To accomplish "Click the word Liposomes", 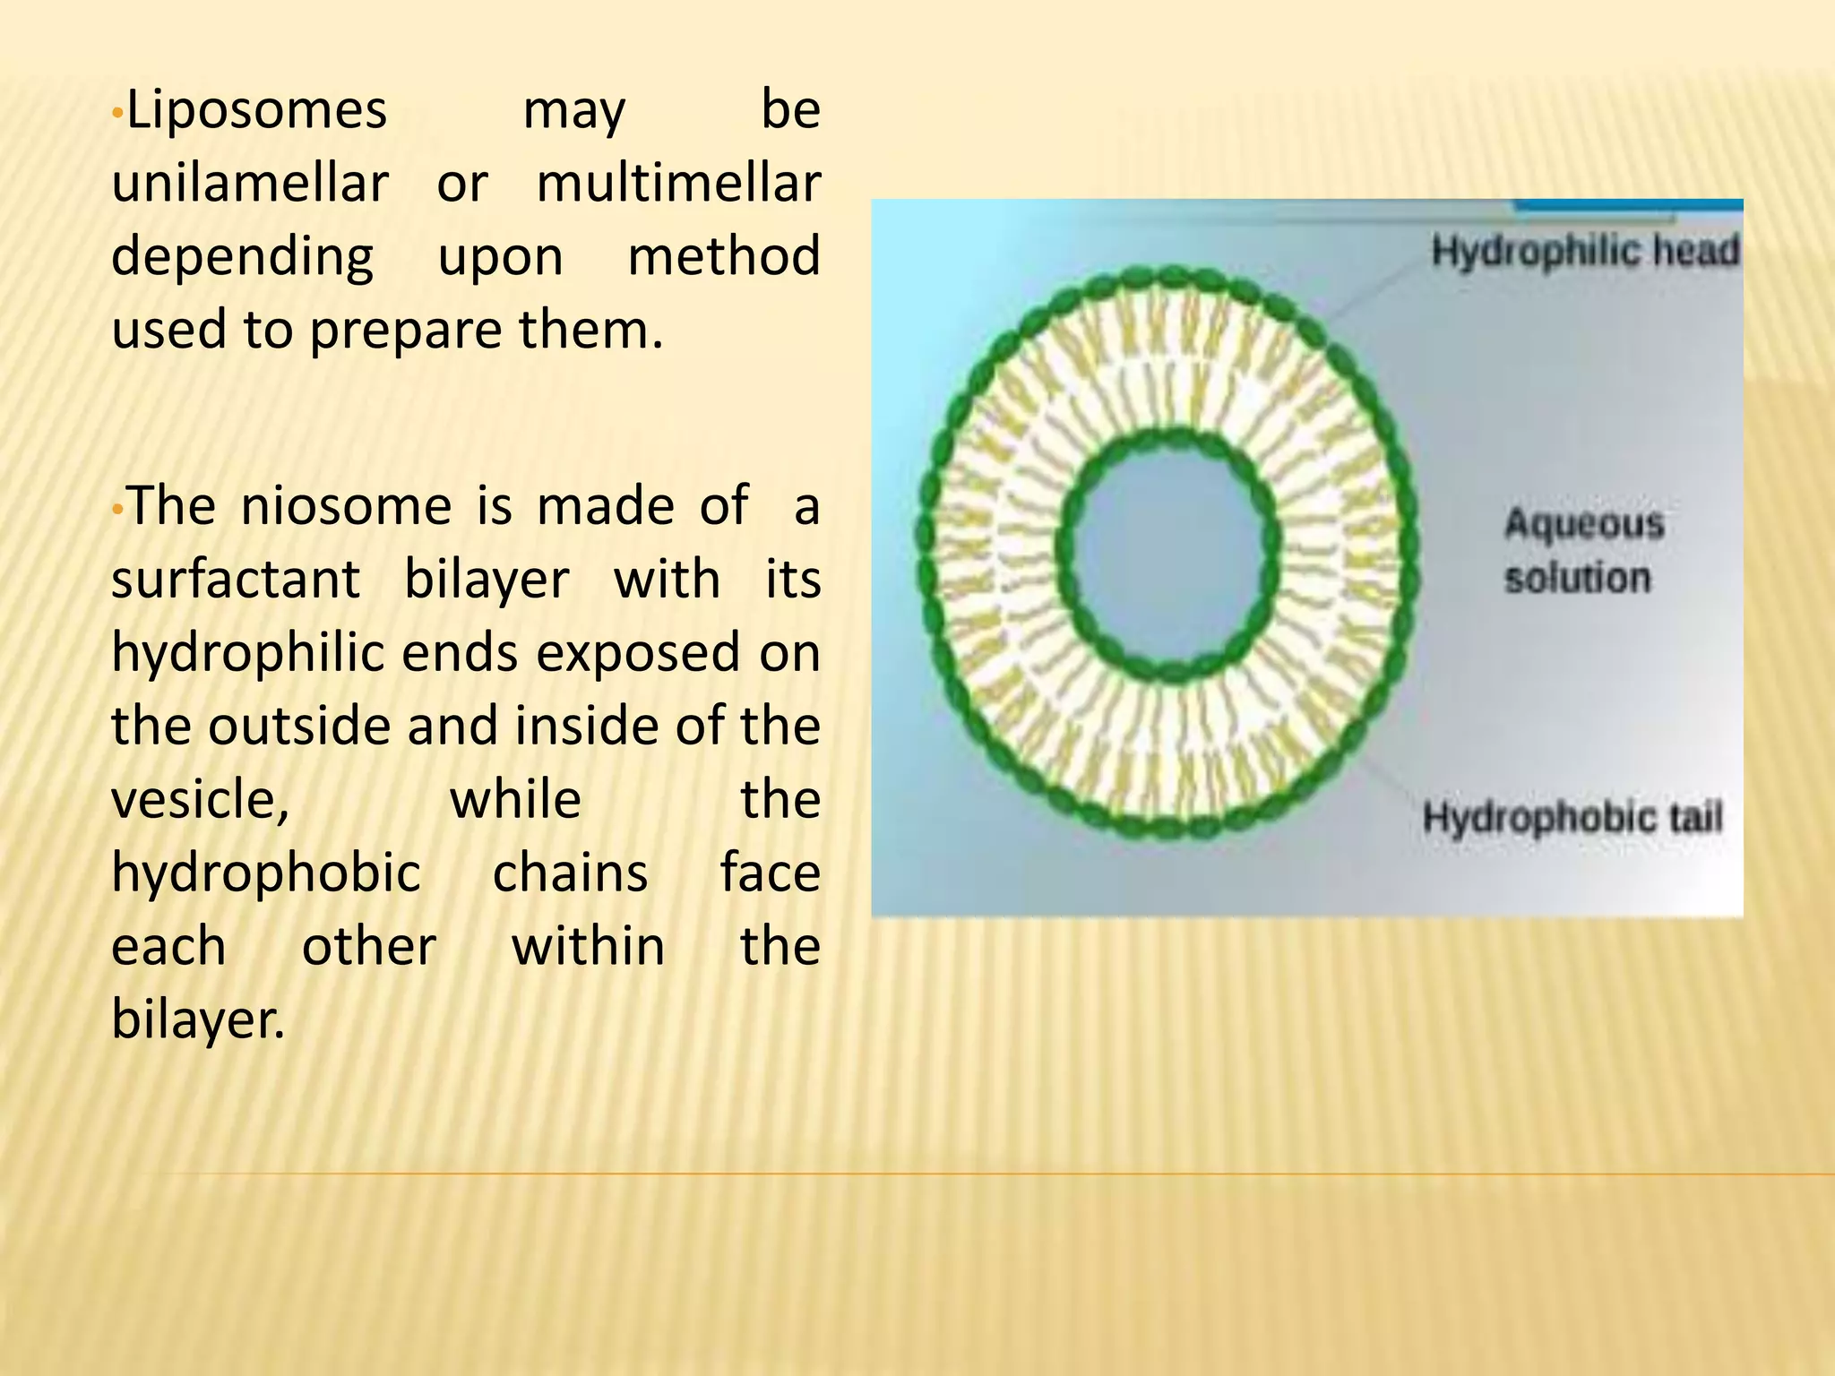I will click(256, 111).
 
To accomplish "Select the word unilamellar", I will click(250, 184).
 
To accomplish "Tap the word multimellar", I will click(678, 184).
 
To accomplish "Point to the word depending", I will click(242, 258).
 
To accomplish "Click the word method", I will click(723, 256).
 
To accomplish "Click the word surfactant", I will click(236, 580).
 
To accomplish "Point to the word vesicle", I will click(199, 799).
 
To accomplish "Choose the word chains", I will click(570, 873).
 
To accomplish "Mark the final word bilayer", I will click(197, 1020).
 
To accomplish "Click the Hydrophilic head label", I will click(1584, 251).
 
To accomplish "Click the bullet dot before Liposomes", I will click(116, 116).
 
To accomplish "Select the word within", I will click(588, 946).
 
